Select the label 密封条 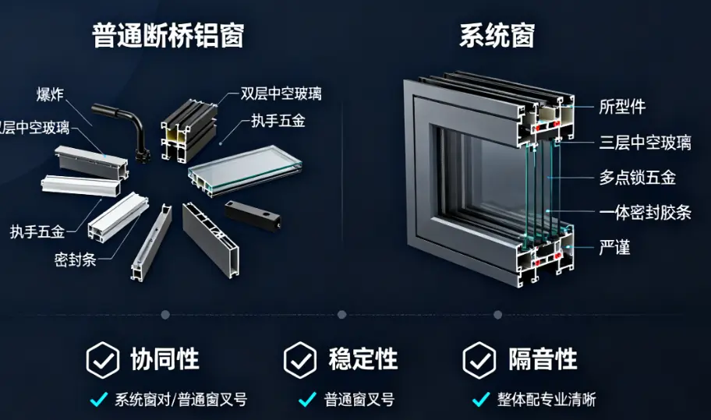point(76,259)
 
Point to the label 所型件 point(622,107)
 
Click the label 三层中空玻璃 point(645,142)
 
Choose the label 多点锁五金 point(637,178)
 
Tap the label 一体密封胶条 point(645,213)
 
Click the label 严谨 point(614,248)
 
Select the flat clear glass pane point(245,170)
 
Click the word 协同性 point(164,359)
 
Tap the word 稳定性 point(363,359)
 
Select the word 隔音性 point(543,359)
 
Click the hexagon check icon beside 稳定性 point(299,360)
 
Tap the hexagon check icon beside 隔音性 point(479,360)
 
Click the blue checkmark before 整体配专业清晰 point(480,400)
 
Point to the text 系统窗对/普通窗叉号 point(181,400)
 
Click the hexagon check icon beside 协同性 point(102,360)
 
